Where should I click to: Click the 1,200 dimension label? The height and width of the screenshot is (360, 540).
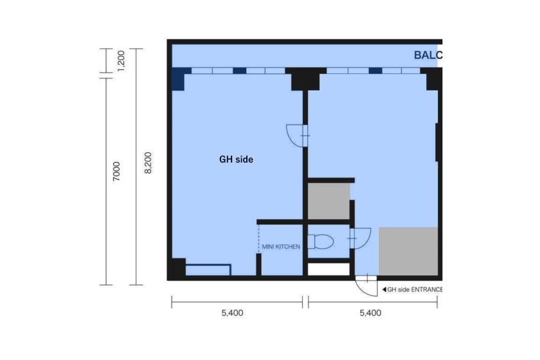[122, 60]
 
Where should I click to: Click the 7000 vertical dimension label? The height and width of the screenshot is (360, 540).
[117, 171]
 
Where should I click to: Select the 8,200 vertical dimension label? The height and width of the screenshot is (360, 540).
[148, 163]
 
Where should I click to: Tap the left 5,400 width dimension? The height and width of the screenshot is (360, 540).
[232, 313]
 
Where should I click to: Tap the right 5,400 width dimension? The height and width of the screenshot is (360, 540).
[370, 313]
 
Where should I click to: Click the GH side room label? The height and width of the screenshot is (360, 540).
[237, 159]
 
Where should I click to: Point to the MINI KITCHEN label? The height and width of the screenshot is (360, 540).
[281, 247]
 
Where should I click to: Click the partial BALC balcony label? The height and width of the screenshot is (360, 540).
[428, 55]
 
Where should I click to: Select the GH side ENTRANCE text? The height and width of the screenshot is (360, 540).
[415, 290]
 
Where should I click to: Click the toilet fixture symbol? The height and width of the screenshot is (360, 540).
[320, 242]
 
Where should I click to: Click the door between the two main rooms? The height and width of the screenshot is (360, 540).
[297, 136]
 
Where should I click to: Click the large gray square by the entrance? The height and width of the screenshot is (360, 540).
[408, 251]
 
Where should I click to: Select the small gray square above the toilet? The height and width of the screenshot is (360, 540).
[328, 201]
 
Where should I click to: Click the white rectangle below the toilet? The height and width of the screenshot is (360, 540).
[328, 269]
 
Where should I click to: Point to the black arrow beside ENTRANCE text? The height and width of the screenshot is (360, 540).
[384, 290]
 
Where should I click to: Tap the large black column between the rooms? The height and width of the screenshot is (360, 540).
[305, 79]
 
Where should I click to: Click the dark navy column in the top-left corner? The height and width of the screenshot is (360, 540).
[180, 78]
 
